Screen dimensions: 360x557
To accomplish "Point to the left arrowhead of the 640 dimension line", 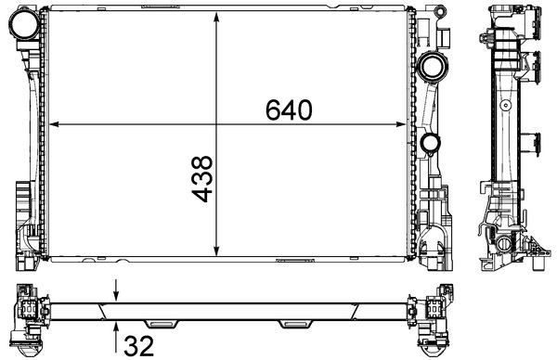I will coord(53,123).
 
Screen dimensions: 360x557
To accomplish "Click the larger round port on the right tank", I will coord(430,66).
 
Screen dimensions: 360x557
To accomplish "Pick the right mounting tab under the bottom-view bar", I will coord(296,324).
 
